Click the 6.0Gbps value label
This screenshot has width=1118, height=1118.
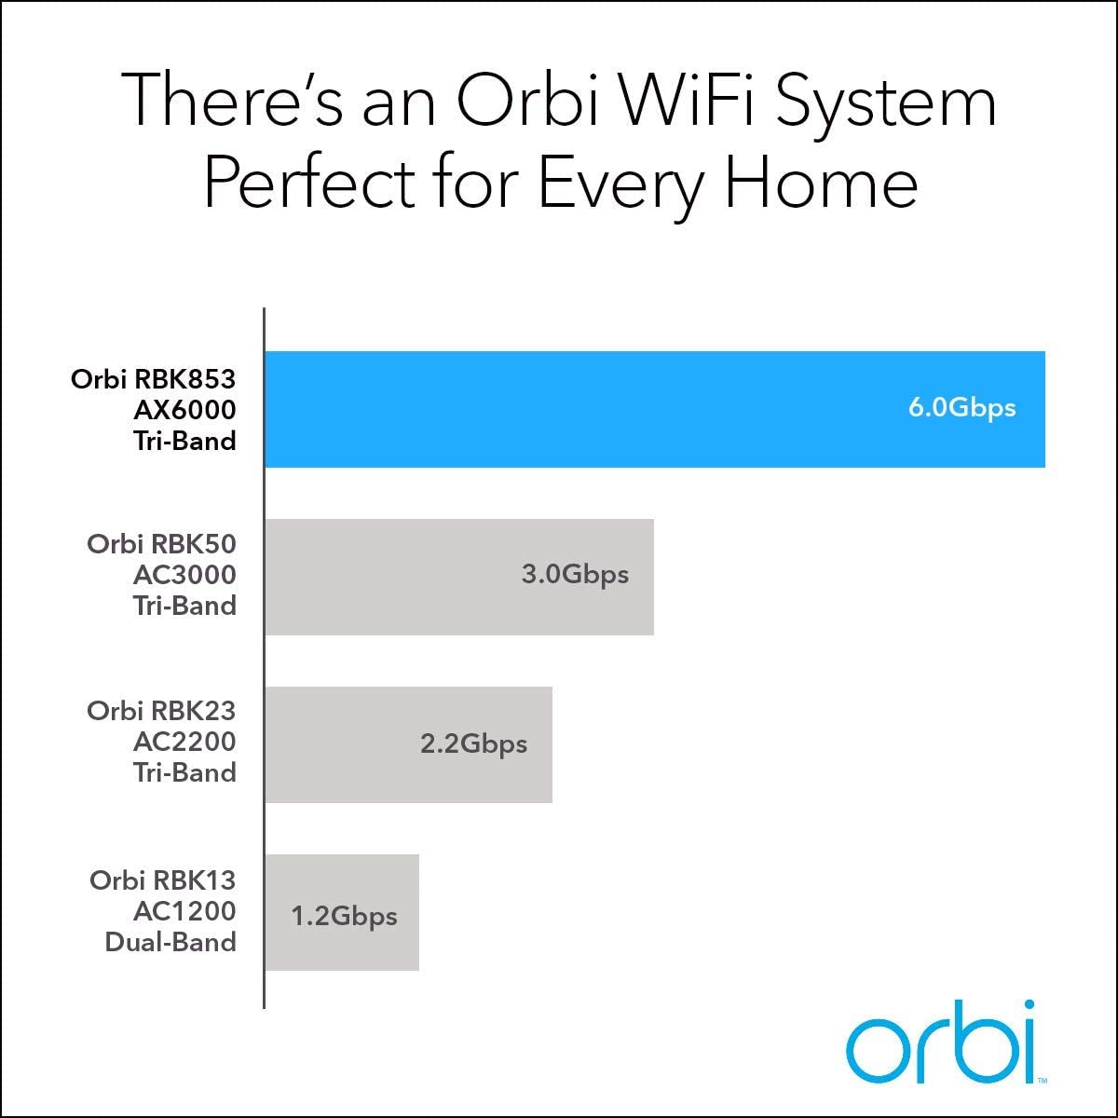[961, 408]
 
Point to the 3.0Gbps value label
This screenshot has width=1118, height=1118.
[575, 574]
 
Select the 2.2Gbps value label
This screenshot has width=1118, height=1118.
[473, 743]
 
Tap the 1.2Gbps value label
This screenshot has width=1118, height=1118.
[344, 916]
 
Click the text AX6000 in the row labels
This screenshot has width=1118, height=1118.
[184, 410]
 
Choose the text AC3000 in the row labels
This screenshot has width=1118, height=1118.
[184, 575]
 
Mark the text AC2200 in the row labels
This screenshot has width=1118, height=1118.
[184, 742]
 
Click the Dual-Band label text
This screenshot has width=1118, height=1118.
[170, 942]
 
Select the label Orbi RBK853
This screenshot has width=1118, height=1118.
[154, 379]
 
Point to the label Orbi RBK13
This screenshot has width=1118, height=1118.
[163, 879]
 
